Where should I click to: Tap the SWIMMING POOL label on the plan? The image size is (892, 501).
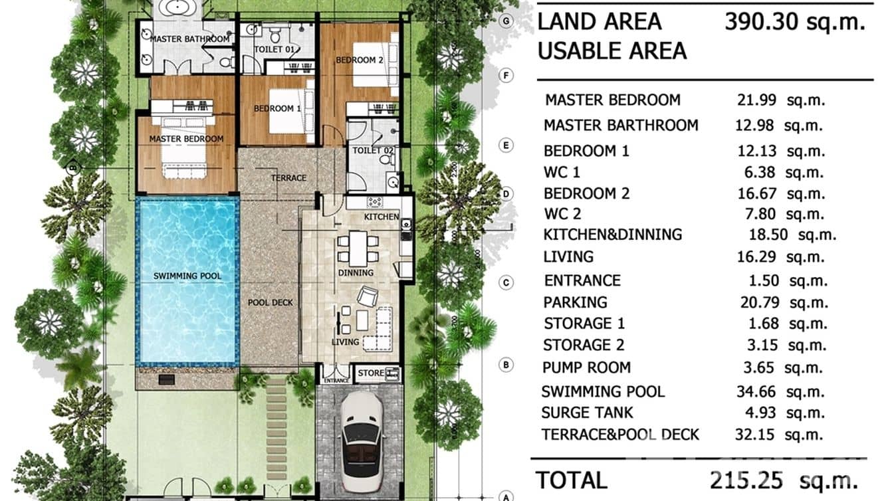(x=187, y=276)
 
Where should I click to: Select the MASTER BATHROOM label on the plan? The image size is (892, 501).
(x=189, y=39)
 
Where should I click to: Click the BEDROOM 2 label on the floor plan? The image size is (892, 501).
(x=360, y=60)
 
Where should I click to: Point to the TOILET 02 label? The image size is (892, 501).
(x=373, y=151)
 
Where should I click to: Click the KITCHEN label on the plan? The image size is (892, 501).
(x=382, y=217)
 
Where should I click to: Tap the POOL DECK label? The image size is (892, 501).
(x=271, y=302)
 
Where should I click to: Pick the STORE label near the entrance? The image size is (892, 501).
(x=371, y=373)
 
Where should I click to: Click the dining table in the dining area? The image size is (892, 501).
(x=358, y=247)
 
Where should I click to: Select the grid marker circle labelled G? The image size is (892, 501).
(x=507, y=21)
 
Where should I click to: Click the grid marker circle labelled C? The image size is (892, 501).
(x=506, y=283)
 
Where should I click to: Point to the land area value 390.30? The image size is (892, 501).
(x=758, y=22)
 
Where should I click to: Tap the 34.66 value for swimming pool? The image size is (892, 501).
(x=757, y=391)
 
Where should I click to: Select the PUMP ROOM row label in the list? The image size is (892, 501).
(x=586, y=367)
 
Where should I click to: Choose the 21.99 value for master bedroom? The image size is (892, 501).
(x=757, y=100)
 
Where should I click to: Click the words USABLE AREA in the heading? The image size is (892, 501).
(x=612, y=51)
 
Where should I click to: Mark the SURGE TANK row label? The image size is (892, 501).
(x=587, y=413)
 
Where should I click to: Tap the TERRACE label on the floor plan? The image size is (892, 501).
(x=288, y=178)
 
